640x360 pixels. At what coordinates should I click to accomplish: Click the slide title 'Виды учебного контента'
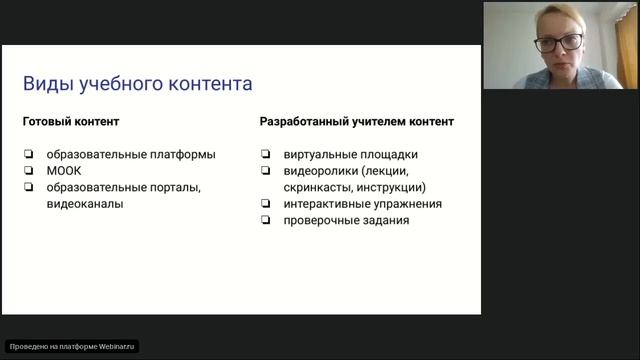tap(137, 83)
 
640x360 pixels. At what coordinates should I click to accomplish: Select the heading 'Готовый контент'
tap(71, 122)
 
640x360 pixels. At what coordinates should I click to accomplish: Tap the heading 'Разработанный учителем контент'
tap(357, 122)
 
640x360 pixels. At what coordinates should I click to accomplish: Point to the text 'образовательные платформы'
tap(130, 155)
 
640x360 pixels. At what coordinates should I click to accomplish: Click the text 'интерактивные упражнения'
tap(363, 204)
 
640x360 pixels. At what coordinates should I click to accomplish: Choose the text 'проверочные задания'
tap(346, 220)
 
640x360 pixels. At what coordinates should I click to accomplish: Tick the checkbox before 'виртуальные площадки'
tap(265, 155)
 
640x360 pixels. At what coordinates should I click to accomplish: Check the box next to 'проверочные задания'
tap(265, 220)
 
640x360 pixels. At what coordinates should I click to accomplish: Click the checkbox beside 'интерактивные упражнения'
tap(265, 204)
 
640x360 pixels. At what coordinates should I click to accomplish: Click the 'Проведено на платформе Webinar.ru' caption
tap(71, 346)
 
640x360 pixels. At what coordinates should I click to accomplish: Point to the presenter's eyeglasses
tap(558, 43)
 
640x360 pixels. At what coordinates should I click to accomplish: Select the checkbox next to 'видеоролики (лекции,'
tap(265, 171)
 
